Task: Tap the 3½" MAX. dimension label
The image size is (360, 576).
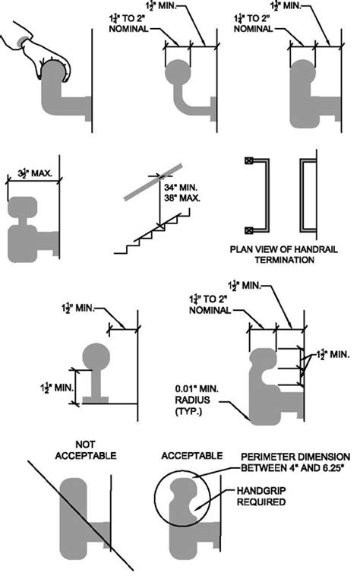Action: click(x=35, y=174)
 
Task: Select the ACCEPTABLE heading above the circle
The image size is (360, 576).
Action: click(x=193, y=455)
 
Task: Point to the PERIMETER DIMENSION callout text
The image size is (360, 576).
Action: click(x=295, y=460)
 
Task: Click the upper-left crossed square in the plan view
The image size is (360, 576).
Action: click(x=248, y=161)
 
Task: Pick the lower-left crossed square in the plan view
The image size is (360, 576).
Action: click(x=248, y=229)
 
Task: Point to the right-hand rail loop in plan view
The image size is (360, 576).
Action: click(x=309, y=195)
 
